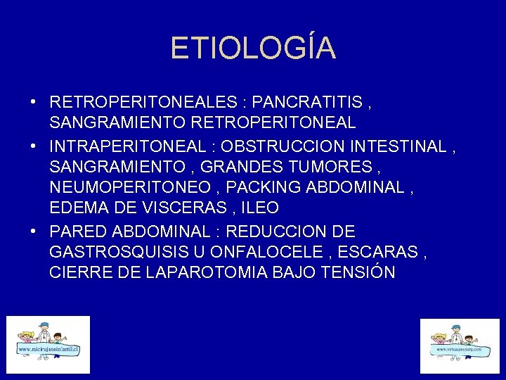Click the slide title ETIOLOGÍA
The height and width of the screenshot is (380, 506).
[x=253, y=48]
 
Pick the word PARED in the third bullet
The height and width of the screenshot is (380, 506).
[x=76, y=232]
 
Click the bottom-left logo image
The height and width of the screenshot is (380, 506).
[x=48, y=344]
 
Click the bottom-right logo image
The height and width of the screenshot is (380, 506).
[x=459, y=346]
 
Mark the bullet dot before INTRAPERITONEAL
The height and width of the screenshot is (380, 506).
[x=34, y=147]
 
